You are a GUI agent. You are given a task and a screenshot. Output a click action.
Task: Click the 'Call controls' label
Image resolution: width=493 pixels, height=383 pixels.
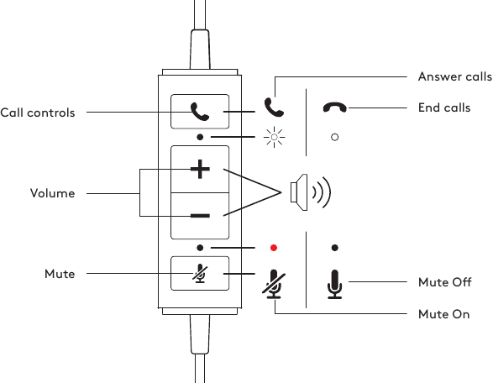tap(38, 113)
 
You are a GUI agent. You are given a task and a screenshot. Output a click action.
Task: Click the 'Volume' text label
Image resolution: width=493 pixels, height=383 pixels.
tap(52, 193)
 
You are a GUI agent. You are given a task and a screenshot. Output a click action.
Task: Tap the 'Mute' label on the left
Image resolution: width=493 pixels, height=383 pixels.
tap(60, 274)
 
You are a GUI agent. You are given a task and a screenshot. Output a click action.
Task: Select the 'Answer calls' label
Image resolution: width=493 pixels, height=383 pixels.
tap(454, 77)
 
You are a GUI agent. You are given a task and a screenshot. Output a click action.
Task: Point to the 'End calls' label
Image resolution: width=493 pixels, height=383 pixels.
tap(443, 108)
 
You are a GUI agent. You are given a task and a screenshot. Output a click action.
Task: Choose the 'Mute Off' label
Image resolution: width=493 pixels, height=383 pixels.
tap(444, 282)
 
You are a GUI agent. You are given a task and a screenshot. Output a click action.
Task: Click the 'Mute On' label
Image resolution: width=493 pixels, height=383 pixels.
tap(443, 314)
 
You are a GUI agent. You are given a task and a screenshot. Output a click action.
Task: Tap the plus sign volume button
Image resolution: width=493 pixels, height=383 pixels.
tap(200, 169)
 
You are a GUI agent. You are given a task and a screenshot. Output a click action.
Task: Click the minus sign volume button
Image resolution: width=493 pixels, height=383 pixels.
tap(200, 216)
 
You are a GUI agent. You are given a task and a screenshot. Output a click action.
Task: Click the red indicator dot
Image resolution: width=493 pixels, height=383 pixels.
tap(273, 249)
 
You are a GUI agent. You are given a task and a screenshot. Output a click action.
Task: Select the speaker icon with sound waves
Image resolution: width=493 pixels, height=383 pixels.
tap(309, 192)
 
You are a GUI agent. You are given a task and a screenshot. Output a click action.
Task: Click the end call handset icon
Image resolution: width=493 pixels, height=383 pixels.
tap(335, 108)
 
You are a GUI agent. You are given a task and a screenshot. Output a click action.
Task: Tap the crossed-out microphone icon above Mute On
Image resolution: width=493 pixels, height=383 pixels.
tap(273, 284)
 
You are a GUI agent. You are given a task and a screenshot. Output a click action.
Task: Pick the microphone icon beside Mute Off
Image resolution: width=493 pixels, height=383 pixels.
tap(335, 284)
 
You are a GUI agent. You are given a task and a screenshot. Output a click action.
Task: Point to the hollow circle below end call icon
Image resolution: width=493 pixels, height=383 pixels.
tap(335, 137)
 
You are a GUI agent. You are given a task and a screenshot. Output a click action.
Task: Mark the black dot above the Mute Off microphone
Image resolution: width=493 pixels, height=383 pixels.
tap(335, 248)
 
